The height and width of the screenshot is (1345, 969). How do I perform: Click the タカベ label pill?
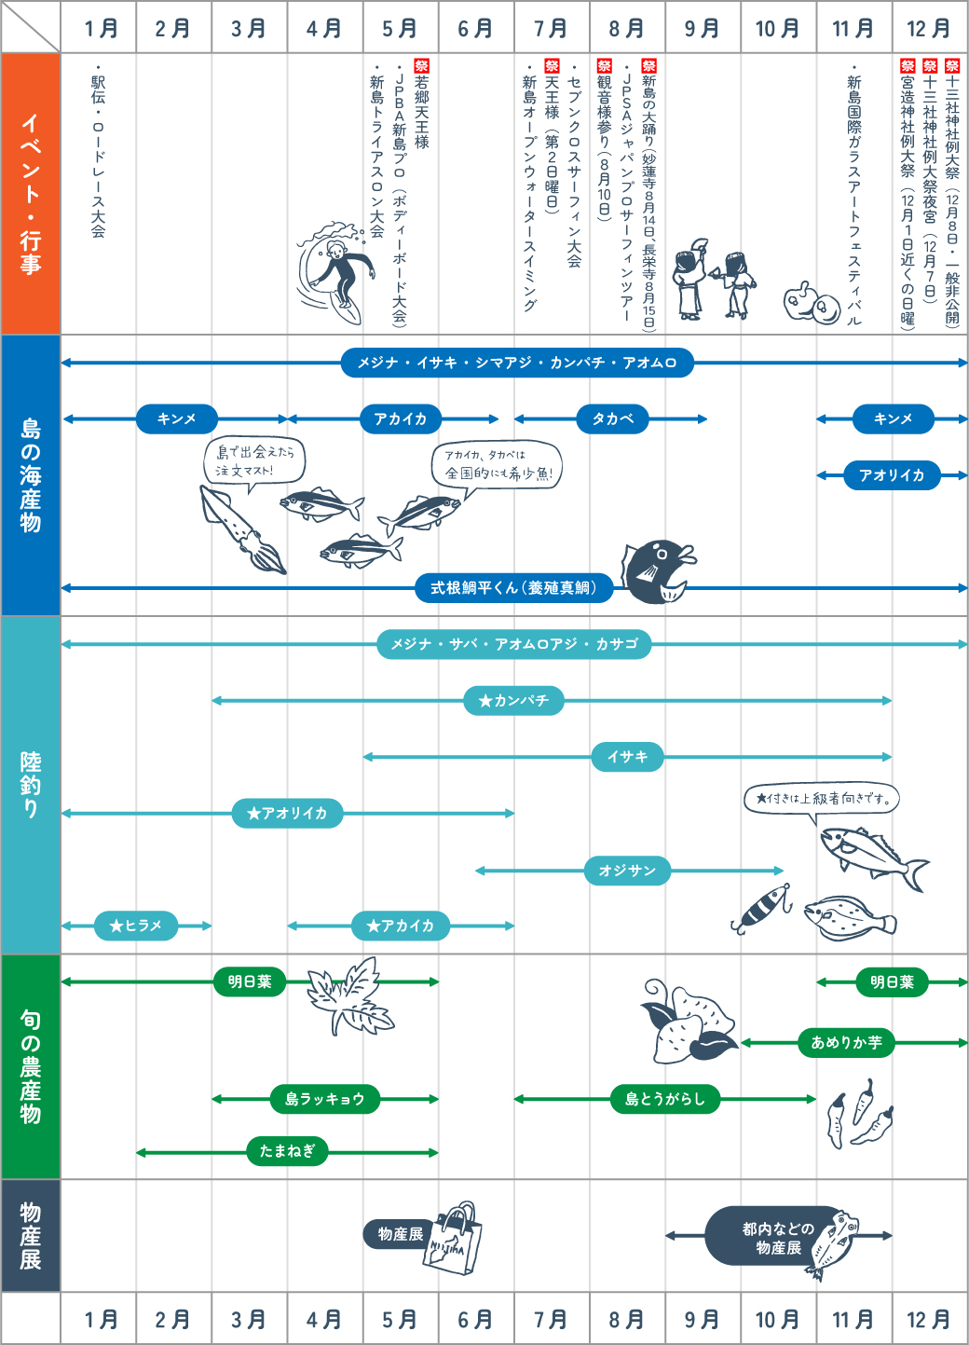pyautogui.click(x=612, y=419)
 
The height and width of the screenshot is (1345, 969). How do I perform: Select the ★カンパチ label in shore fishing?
pyautogui.click(x=513, y=700)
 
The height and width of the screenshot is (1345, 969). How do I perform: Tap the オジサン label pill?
pyautogui.click(x=627, y=870)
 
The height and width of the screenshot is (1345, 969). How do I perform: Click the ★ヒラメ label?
pyautogui.click(x=136, y=926)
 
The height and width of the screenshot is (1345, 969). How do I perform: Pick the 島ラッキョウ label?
pyautogui.click(x=325, y=1099)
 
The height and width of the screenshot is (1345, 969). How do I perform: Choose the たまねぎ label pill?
pyautogui.click(x=287, y=1150)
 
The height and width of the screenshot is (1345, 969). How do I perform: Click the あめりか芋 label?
pyautogui.click(x=846, y=1042)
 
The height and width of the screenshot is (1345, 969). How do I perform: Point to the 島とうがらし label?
pyautogui.click(x=664, y=1099)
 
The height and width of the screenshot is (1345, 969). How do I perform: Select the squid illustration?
pyautogui.click(x=242, y=528)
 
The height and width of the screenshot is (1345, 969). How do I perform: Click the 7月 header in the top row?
pyautogui.click(x=552, y=28)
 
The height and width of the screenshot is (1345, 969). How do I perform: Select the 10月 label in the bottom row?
pyautogui.click(x=777, y=1319)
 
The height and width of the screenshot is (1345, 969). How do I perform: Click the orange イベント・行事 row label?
pyautogui.click(x=31, y=193)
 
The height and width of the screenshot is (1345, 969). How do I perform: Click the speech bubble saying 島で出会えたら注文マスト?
pyautogui.click(x=254, y=460)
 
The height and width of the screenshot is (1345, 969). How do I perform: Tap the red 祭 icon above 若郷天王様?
pyautogui.click(x=421, y=65)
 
